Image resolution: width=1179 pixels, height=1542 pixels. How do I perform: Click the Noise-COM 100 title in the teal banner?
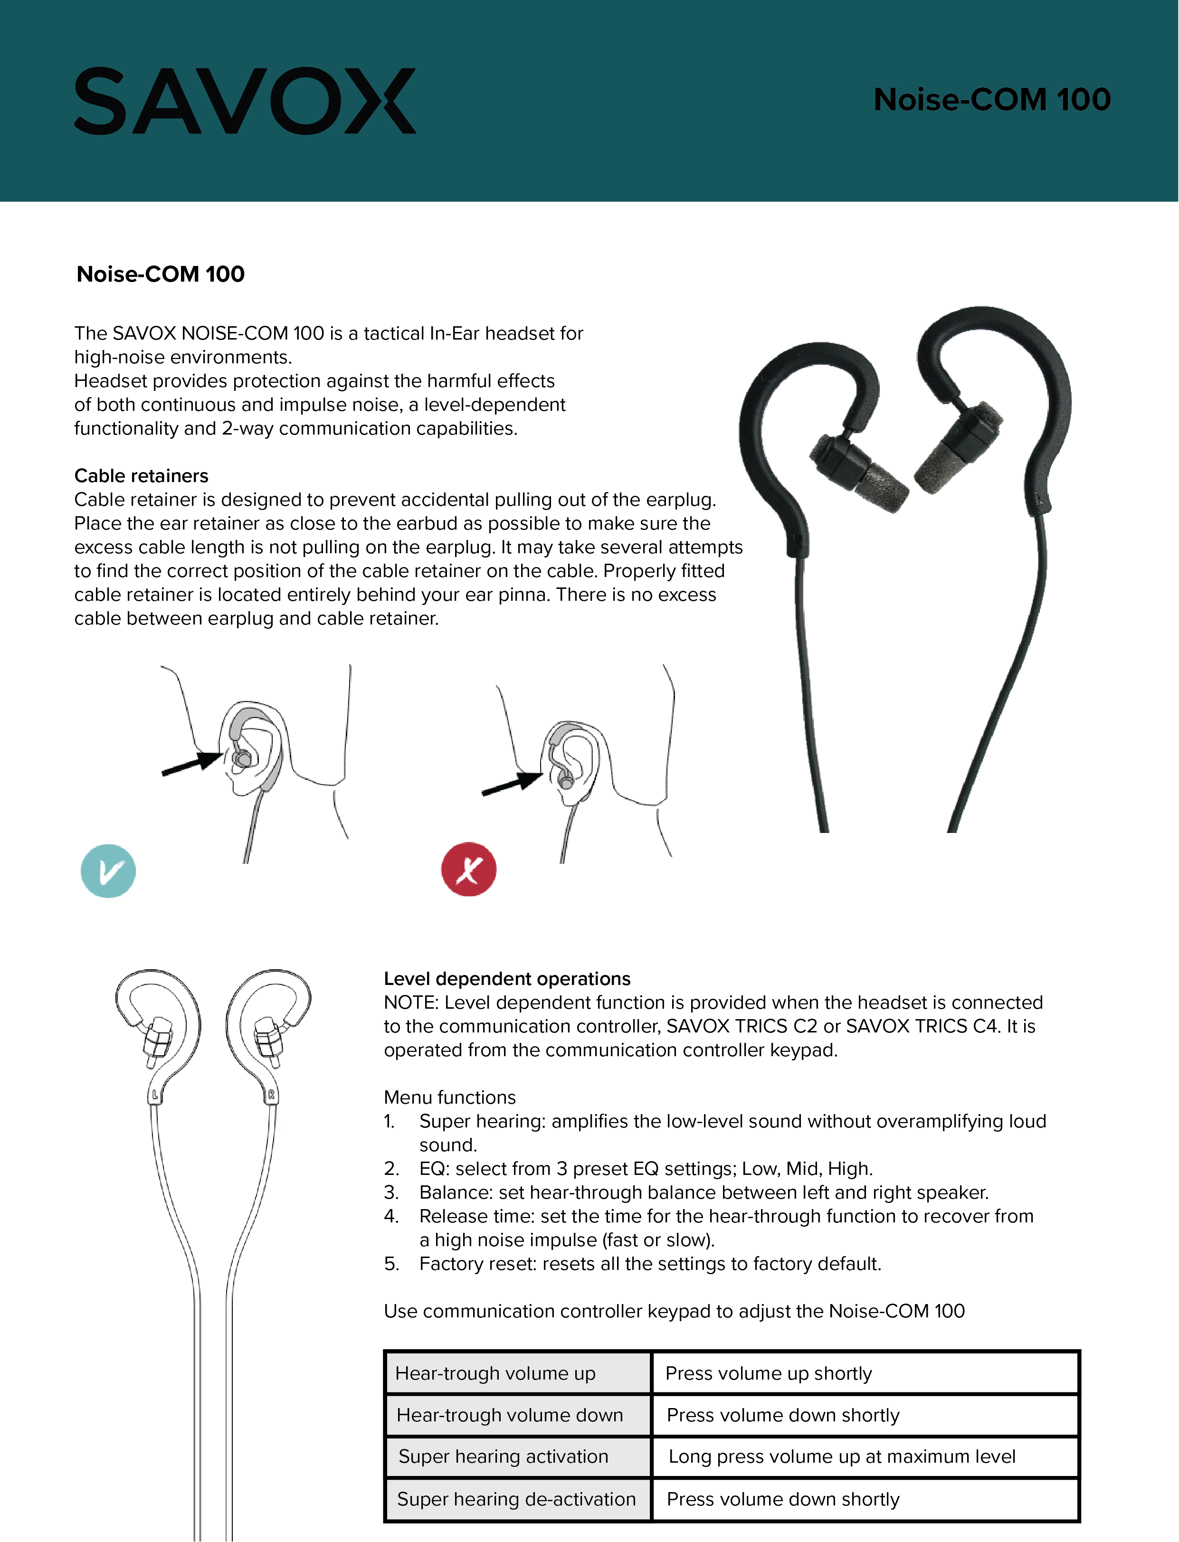(992, 100)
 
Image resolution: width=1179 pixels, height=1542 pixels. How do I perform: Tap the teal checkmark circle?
(108, 870)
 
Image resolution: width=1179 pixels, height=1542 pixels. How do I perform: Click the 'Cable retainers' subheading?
(141, 476)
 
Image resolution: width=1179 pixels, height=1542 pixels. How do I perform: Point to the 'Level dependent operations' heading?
(507, 979)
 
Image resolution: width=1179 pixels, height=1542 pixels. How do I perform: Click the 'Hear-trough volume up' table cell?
(495, 1373)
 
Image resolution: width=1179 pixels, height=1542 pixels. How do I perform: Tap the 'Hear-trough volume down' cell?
(510, 1415)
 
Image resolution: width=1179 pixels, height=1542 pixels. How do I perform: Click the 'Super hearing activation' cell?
(503, 1457)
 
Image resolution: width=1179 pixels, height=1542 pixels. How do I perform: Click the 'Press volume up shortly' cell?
(769, 1373)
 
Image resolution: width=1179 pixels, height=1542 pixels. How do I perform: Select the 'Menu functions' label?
(449, 1097)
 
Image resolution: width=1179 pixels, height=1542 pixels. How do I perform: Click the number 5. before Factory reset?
(391, 1264)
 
